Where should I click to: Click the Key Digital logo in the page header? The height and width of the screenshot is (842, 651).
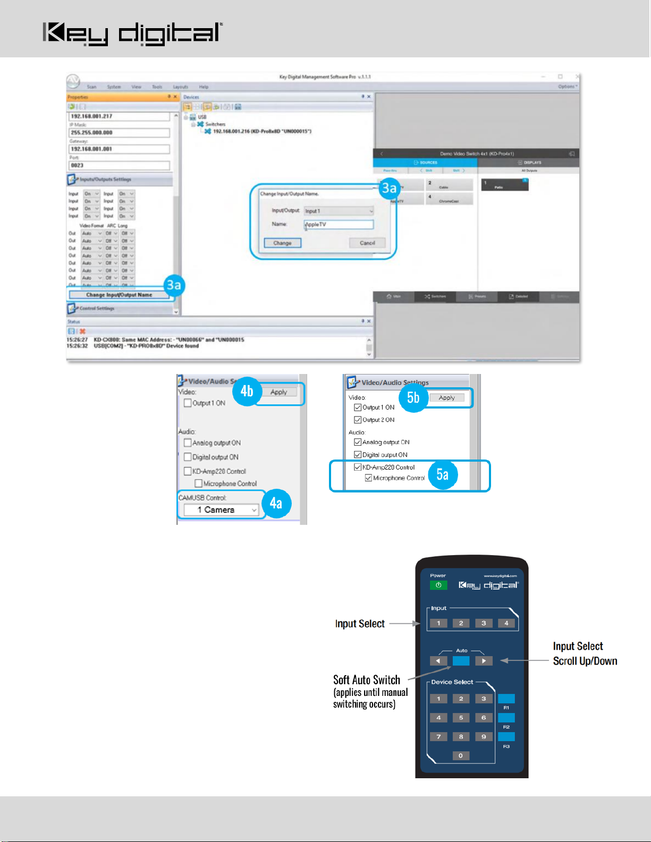(x=132, y=33)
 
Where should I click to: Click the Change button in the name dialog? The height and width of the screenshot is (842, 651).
(x=282, y=243)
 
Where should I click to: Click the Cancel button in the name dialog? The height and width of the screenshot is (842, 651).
(x=367, y=243)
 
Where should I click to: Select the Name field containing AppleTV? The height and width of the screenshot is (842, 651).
(x=339, y=224)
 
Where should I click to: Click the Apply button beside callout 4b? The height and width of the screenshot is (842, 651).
(x=278, y=392)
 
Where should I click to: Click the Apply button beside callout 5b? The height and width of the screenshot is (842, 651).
(x=446, y=397)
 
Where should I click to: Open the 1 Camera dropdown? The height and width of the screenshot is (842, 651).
(x=221, y=510)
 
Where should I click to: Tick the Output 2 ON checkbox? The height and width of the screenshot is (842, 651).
(x=358, y=420)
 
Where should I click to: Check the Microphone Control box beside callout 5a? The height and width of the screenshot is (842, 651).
(x=368, y=478)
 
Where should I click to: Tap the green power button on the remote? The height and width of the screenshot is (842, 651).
(x=438, y=585)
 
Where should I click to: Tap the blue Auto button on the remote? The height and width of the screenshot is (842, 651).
(x=461, y=661)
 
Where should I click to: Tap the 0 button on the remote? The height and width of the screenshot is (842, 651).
(x=461, y=755)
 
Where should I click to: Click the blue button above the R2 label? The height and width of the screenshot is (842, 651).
(x=506, y=718)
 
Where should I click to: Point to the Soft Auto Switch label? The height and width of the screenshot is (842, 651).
(x=367, y=680)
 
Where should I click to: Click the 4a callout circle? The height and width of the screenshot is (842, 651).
(x=276, y=503)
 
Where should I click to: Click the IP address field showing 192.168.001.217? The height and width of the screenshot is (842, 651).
(x=119, y=116)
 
